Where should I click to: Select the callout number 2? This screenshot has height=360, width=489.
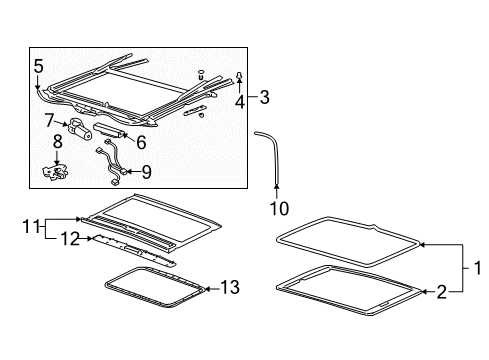point(440,291)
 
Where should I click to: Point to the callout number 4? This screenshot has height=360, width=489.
point(239,101)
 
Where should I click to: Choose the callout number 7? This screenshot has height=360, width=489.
point(48,121)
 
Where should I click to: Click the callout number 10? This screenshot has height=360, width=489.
point(277,207)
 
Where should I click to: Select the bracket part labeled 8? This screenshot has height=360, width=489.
point(58,173)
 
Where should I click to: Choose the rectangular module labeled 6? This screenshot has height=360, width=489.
point(109,127)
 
